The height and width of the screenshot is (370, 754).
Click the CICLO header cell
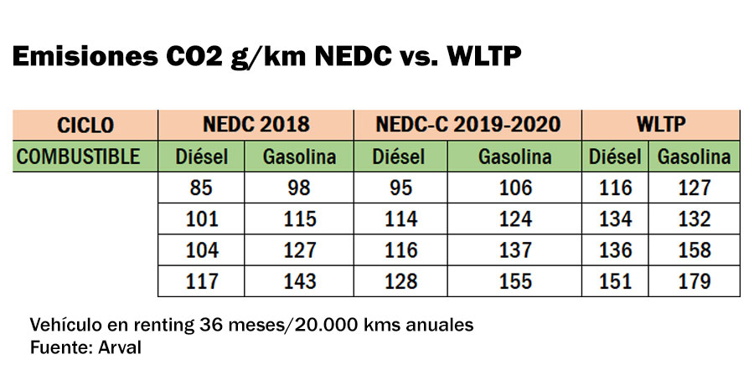[85, 126]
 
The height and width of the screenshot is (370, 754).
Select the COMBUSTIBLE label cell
[85, 157]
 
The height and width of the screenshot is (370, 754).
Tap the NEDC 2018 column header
[256, 126]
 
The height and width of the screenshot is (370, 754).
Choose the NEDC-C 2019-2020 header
[468, 126]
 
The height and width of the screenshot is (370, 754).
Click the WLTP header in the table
[662, 126]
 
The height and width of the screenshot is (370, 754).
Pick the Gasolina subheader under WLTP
[695, 157]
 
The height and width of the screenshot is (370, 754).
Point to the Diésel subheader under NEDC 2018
[201, 157]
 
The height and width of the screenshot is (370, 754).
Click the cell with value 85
[201, 188]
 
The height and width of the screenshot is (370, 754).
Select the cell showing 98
[300, 188]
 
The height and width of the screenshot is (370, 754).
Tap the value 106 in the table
[515, 188]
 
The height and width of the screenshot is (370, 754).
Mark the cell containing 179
[695, 281]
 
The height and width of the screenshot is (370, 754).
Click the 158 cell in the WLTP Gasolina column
[695, 250]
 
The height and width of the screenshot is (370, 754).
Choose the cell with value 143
[300, 281]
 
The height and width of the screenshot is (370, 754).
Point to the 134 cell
[616, 219]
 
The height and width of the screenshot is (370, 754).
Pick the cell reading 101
[201, 219]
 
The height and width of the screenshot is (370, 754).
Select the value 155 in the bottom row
[515, 281]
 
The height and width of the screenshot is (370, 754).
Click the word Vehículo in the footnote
[66, 324]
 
